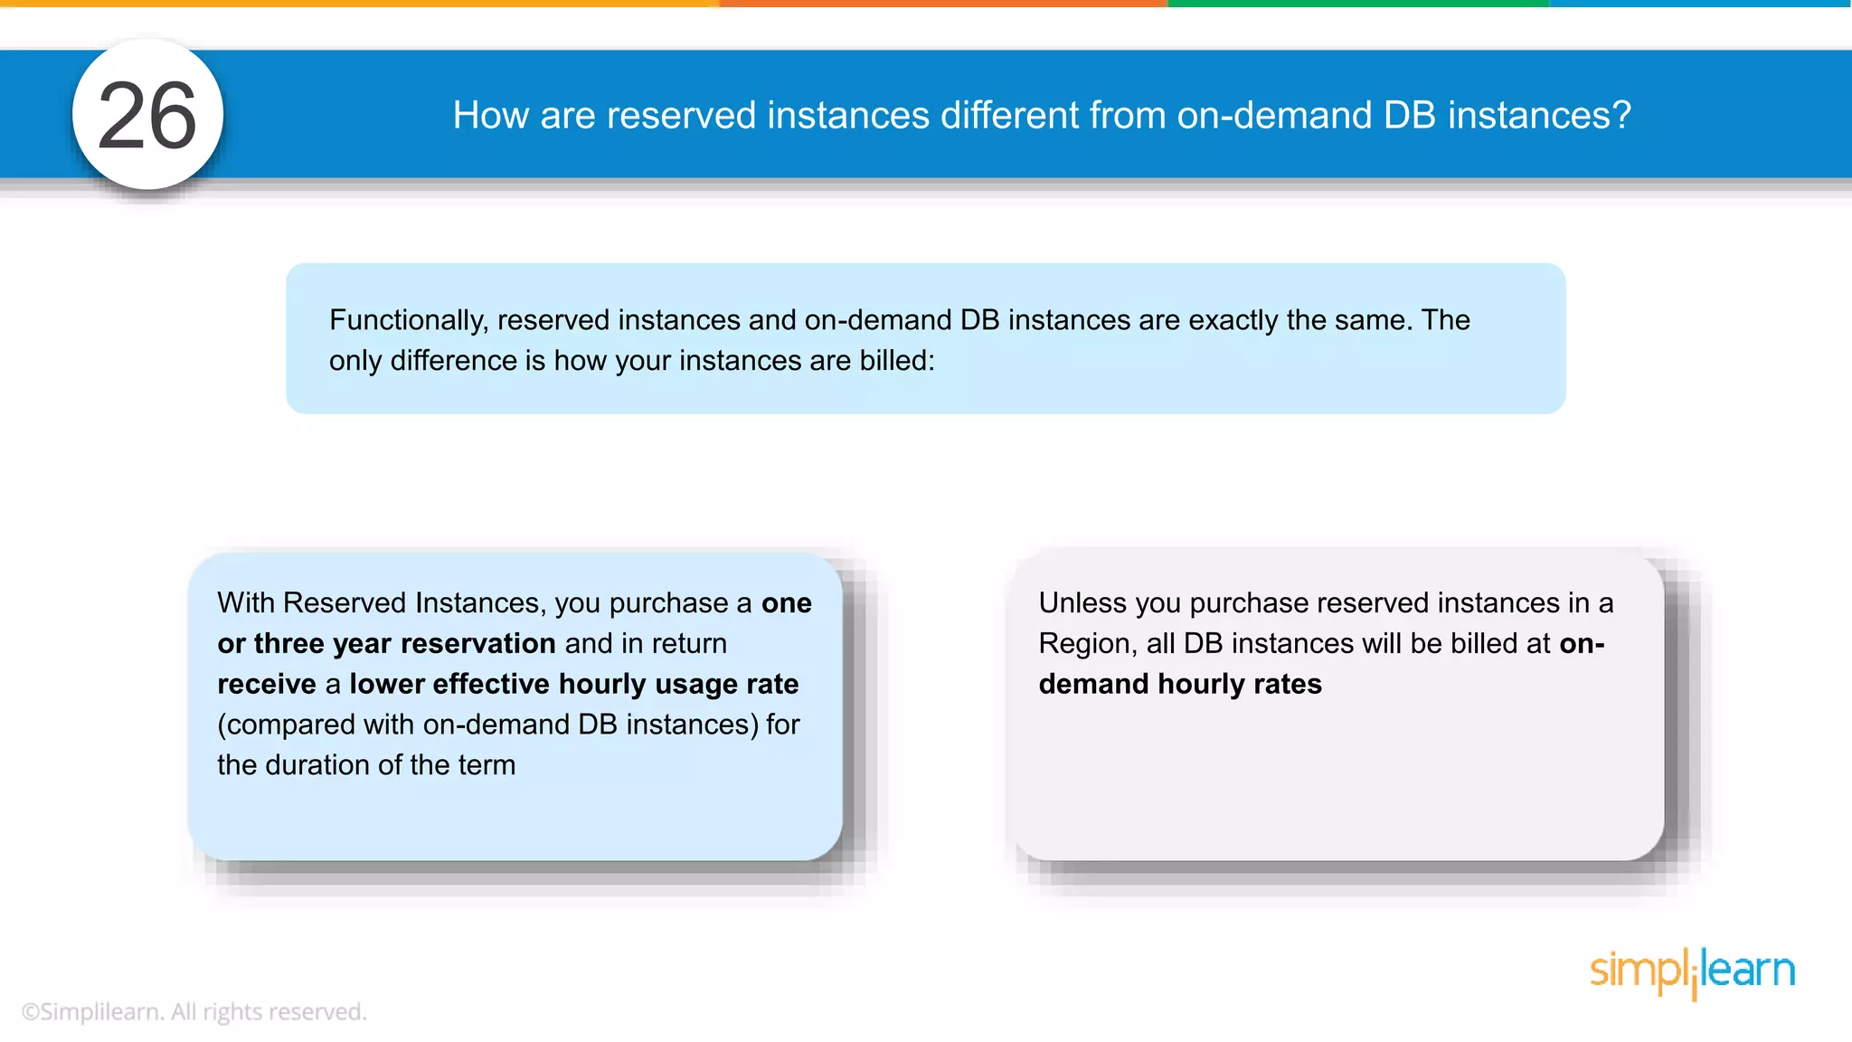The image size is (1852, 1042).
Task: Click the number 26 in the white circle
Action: pyautogui.click(x=147, y=116)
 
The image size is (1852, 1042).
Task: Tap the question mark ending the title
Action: pyautogui.click(x=1621, y=116)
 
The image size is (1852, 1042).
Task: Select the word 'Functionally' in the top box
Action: pyautogui.click(x=409, y=320)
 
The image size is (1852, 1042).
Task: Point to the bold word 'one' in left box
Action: pyautogui.click(x=786, y=603)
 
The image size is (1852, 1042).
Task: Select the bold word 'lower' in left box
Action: pyautogui.click(x=386, y=685)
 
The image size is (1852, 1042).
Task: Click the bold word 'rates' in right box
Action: pyautogui.click(x=1287, y=685)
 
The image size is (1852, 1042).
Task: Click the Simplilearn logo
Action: pyautogui.click(x=1692, y=972)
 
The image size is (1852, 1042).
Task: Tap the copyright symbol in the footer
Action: pyautogui.click(x=30, y=1012)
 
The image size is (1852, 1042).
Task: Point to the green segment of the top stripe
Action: pyautogui.click(x=1356, y=4)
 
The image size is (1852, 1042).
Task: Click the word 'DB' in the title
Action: pyautogui.click(x=1409, y=116)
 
